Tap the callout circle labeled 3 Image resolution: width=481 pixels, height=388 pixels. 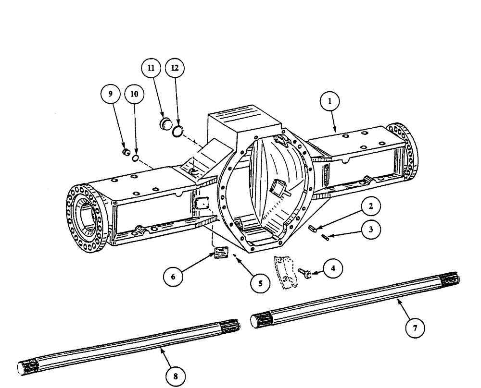point(370,230)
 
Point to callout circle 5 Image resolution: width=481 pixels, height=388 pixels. point(260,283)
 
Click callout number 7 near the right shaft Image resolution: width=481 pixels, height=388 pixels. point(415,328)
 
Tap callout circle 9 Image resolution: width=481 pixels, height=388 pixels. point(111,95)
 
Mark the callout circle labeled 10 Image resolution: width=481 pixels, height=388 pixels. point(134,95)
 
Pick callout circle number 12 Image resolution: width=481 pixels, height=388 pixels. point(175,69)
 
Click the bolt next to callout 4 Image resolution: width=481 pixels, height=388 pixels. point(305,272)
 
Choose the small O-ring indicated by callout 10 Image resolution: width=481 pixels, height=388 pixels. point(136,158)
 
